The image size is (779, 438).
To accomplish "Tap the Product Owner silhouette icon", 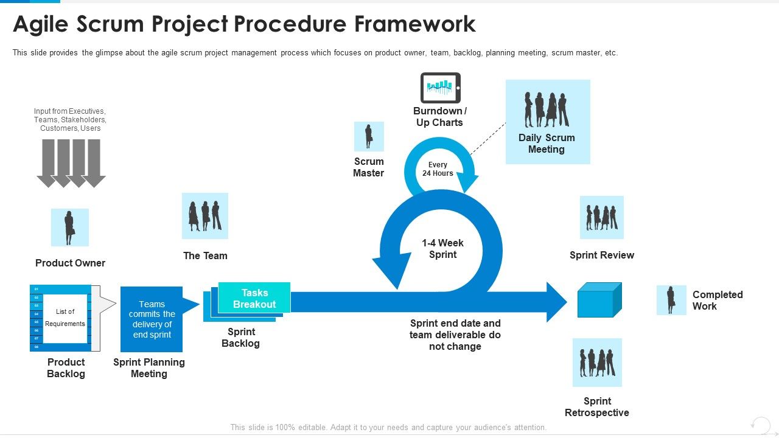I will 69,228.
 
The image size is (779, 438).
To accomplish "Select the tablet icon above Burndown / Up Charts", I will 441,88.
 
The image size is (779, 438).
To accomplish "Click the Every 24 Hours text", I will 438,169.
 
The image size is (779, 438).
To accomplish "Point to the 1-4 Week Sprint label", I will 442,249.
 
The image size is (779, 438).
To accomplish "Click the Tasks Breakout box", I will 254,298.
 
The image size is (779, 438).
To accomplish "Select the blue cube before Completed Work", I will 599,301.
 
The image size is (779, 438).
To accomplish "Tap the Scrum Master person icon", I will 369,136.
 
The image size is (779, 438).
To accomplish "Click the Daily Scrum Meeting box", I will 547,122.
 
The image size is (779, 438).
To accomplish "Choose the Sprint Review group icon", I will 601,217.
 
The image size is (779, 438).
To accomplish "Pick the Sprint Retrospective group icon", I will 597,363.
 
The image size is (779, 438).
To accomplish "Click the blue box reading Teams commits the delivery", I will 152,319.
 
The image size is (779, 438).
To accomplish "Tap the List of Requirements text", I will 65,318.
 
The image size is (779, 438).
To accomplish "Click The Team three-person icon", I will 205,216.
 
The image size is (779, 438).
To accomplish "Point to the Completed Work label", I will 717,300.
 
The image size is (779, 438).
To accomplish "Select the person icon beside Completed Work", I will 671,300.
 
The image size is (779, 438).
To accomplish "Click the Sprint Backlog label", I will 240,338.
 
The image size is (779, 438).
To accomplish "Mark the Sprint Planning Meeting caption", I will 149,368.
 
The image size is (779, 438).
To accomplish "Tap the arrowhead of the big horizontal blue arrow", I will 556,302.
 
